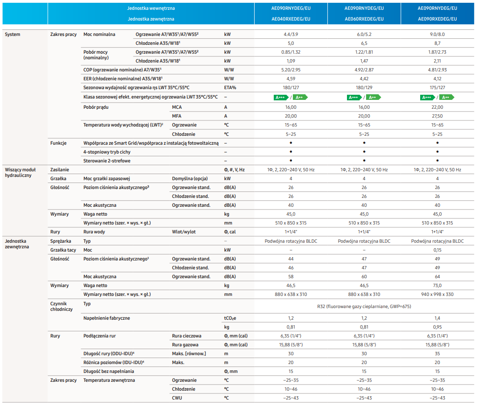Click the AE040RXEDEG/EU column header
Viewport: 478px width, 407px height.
[291, 19]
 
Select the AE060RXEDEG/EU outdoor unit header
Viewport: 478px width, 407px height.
[364, 19]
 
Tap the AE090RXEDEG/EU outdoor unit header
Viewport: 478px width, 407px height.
[437, 19]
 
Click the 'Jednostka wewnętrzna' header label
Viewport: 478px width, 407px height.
[151, 8]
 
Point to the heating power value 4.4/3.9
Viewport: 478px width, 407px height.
[291, 35]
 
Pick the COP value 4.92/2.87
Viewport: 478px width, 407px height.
[364, 70]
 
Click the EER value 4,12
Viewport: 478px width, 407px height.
[437, 79]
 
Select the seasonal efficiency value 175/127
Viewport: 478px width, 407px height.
[437, 88]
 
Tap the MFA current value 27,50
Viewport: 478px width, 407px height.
[437, 116]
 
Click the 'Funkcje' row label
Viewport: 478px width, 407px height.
[58, 143]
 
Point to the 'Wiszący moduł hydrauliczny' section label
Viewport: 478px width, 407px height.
[20, 172]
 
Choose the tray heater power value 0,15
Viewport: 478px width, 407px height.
[437, 250]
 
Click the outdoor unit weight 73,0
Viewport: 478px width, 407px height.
[437, 286]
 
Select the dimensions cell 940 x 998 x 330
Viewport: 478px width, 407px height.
[437, 295]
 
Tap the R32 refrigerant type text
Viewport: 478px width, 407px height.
[364, 306]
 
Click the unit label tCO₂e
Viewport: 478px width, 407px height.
[230, 318]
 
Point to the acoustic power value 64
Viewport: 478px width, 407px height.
[437, 277]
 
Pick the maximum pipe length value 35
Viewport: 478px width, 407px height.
[437, 354]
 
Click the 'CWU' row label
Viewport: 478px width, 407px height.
[177, 398]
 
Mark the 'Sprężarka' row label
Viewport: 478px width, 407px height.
[61, 241]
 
